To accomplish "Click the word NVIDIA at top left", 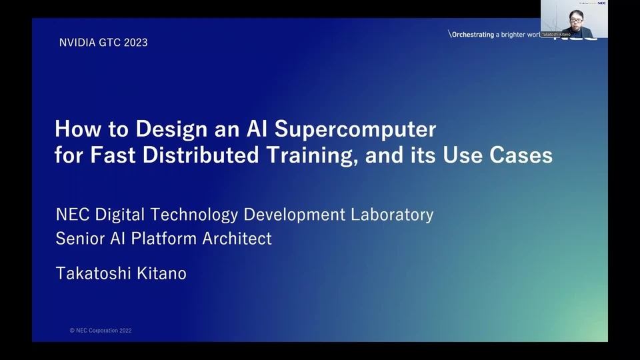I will (x=76, y=43).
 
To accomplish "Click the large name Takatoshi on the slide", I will (x=95, y=273).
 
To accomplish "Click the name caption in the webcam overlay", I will (x=556, y=34).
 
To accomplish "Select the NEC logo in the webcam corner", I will (x=602, y=3).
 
